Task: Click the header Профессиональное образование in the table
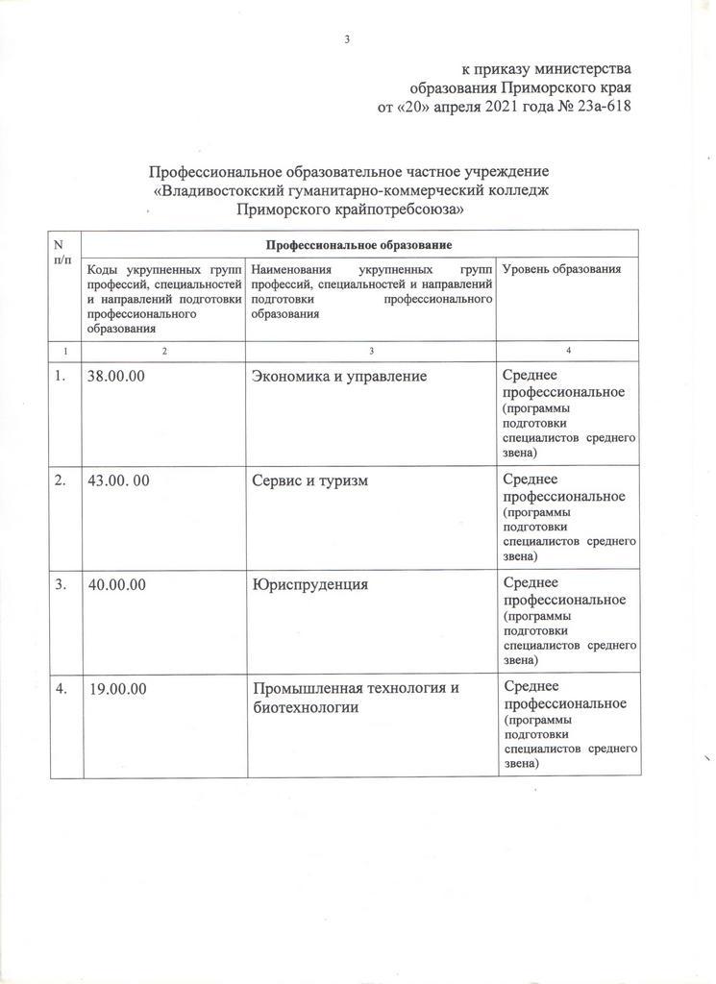359,246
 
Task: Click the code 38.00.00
116,377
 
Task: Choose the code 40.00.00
116,584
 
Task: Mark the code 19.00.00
116,688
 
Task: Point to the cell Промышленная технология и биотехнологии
351,698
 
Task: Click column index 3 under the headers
371,350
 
